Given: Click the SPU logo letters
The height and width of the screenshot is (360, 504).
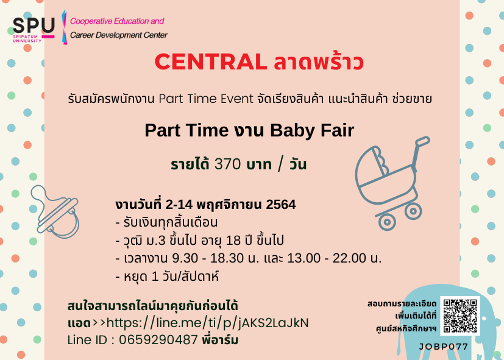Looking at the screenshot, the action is [34, 26].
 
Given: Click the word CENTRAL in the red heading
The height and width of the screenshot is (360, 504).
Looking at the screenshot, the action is [211, 62].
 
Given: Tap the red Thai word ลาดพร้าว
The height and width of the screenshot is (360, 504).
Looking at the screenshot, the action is [319, 61].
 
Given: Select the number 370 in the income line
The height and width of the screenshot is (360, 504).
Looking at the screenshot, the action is [227, 164].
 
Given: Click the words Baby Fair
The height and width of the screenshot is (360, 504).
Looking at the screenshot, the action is [312, 130].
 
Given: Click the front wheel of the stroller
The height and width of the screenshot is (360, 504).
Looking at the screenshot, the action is [386, 222].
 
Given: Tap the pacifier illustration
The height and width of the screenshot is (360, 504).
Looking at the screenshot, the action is [55, 211].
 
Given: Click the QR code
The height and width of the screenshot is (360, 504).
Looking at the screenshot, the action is [460, 316].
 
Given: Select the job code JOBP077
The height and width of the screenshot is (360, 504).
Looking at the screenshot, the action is [444, 347].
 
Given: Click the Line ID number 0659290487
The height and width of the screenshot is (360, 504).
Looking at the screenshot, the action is [158, 340].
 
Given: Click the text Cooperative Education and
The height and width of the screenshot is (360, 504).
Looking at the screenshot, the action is [117, 21].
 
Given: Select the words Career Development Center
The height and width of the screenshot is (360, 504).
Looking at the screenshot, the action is [119, 35].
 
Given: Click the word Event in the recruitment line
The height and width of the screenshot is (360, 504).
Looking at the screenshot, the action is [237, 99].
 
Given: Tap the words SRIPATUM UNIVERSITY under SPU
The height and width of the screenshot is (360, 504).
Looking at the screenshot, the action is [27, 39].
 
